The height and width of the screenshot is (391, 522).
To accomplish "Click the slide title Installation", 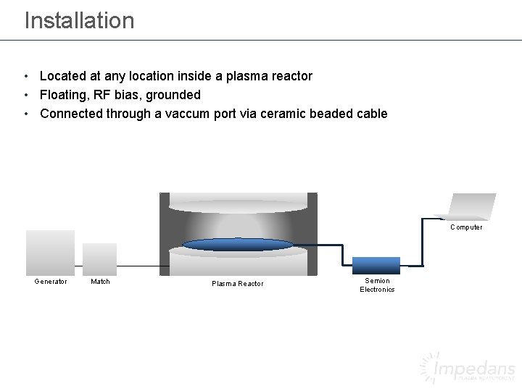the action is pos(79,20).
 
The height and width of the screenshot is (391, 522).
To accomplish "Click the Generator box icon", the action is pos(50,252).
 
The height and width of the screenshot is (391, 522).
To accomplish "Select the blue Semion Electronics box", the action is pos(376,265).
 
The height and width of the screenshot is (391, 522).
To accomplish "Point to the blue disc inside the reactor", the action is pos(238,245).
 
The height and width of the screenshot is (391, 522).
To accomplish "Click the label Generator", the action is pos(51,282).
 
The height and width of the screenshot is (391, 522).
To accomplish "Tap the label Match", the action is pos(100,282).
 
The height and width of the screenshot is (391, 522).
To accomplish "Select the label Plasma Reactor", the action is pos(238,284).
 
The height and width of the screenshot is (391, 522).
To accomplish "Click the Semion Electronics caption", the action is pos(377,285).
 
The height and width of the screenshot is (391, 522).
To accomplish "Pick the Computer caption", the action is pos(466,227).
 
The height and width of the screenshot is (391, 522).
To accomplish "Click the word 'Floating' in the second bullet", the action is pos(63,95).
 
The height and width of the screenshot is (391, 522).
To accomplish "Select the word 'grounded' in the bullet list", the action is pos(175,95).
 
